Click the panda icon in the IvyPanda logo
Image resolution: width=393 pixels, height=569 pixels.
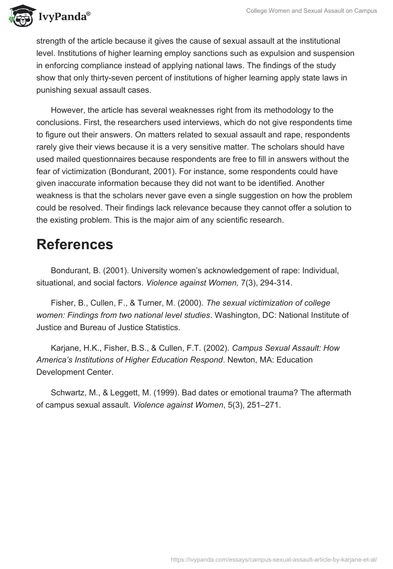point(20,16)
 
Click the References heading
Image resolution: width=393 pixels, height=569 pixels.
point(75,244)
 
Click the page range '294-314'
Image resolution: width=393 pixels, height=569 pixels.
point(279,283)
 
